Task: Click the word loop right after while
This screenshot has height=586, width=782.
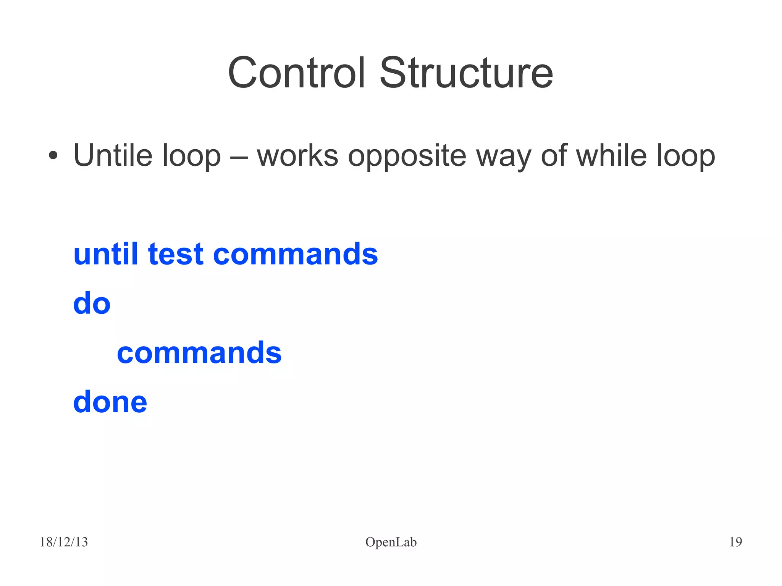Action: (686, 157)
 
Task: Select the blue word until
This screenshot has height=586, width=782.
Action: (105, 254)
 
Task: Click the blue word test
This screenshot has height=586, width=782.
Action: (176, 255)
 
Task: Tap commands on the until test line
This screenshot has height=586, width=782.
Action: (295, 254)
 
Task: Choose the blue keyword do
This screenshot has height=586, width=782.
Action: (92, 303)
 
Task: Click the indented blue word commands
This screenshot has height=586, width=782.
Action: (199, 352)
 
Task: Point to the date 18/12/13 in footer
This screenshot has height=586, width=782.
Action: (64, 542)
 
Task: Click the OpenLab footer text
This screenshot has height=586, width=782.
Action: (391, 542)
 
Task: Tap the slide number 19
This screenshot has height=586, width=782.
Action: (735, 542)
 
